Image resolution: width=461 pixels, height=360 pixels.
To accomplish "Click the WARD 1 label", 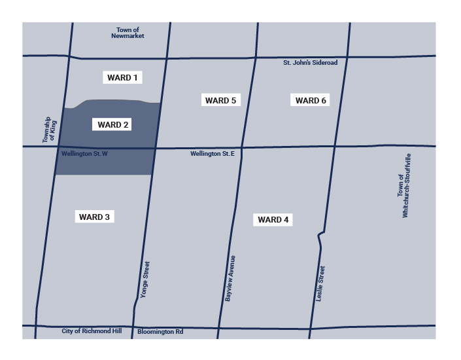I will (122, 78).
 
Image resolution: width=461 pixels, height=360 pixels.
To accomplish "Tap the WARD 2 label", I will (113, 124).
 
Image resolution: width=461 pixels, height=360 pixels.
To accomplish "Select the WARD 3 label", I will (95, 217).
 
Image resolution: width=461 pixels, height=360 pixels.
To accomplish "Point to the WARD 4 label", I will (273, 220).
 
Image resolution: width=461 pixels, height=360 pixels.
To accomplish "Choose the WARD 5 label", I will (220, 100).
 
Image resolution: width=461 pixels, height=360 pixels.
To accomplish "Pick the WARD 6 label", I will (311, 100).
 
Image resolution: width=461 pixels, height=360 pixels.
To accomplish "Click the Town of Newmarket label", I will (128, 33).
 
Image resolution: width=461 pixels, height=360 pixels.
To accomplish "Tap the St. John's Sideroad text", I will (310, 63).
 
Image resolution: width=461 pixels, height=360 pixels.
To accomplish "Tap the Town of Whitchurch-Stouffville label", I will (404, 185).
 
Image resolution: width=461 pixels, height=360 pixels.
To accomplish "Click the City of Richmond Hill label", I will (92, 331).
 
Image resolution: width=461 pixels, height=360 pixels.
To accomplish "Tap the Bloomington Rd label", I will (160, 332).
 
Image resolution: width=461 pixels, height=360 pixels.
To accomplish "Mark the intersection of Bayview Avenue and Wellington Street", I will (241, 147).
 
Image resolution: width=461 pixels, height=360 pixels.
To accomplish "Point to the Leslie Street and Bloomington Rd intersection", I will (310, 327).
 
